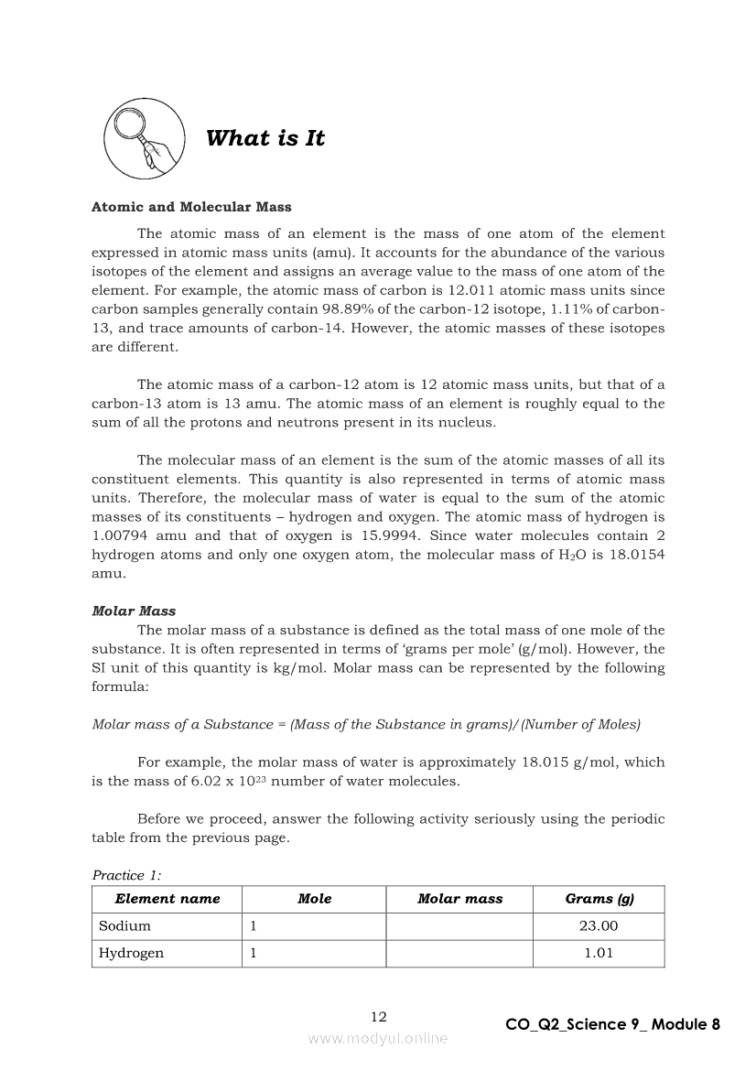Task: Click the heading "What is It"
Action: (x=265, y=138)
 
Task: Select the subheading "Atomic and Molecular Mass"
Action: (x=191, y=208)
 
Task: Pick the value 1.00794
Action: (x=120, y=535)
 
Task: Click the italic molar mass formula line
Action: (x=366, y=724)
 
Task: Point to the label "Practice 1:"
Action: (x=126, y=875)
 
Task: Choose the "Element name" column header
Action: (x=167, y=899)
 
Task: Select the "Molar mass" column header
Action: (x=459, y=899)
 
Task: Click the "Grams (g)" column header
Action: (x=599, y=899)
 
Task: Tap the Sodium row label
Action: (x=125, y=925)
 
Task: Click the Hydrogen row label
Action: (x=132, y=953)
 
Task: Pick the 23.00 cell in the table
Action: (x=599, y=925)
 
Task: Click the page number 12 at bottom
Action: (x=378, y=1017)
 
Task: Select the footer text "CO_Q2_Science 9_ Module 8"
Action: (x=612, y=1024)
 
